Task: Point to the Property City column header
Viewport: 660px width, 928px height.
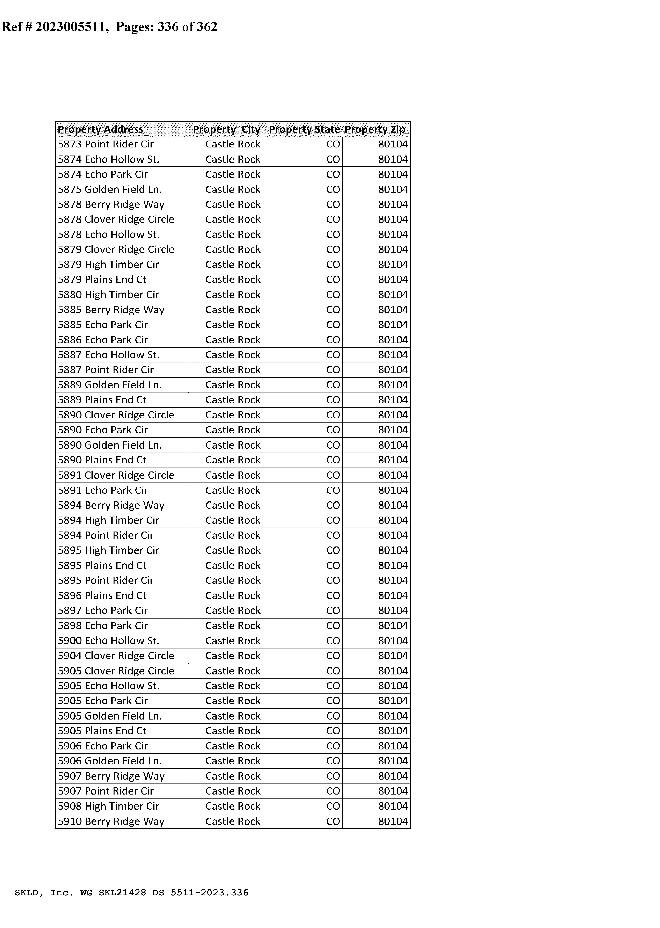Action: (x=226, y=129)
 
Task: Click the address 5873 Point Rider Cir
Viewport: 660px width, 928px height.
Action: (x=106, y=144)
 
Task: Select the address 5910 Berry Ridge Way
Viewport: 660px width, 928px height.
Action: (x=111, y=821)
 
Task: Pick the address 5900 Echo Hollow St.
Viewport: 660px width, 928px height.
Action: (x=108, y=641)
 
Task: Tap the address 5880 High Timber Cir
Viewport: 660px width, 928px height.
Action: (x=108, y=295)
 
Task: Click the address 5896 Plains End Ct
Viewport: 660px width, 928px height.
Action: (x=102, y=596)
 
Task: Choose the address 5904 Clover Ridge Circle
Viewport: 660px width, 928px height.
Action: (x=116, y=656)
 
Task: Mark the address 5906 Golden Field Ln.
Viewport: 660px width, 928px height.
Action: (x=110, y=761)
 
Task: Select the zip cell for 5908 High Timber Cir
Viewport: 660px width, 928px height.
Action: (x=393, y=806)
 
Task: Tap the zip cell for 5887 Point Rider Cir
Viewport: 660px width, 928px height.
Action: (x=393, y=370)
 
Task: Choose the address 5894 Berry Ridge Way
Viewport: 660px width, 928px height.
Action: (x=111, y=505)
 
